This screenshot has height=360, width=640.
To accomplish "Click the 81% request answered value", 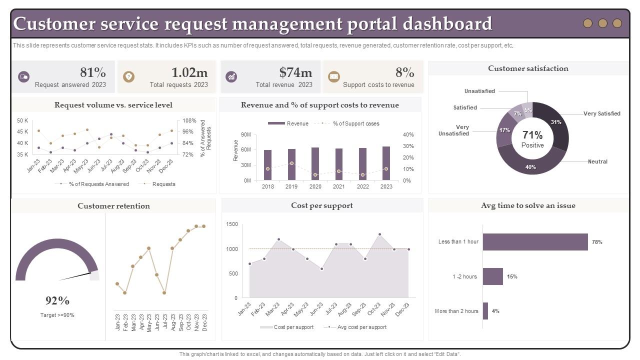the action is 93,72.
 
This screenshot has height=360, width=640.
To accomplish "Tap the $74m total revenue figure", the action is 295,72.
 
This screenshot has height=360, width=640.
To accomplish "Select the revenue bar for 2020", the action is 315,163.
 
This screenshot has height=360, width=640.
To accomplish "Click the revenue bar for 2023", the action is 386,163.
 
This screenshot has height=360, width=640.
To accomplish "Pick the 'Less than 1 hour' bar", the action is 535,242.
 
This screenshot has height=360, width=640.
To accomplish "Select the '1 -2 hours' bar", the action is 493,276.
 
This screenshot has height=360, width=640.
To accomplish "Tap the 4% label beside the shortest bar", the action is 495,311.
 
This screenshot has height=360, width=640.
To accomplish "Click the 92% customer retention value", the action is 57,300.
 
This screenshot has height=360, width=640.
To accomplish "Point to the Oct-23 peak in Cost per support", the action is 379,234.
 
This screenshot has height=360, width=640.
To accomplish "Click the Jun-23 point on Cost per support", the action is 321,269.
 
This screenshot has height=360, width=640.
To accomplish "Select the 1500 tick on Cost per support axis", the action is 232,224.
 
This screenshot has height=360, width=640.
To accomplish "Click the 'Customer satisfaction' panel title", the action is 528,68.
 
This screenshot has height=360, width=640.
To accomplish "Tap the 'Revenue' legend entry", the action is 288,123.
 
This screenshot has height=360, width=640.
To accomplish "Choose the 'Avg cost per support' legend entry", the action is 355,327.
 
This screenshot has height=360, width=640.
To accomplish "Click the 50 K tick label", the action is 22,120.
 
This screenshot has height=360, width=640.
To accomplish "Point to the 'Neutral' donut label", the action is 597,161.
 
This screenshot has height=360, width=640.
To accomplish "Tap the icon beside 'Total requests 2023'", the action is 129,77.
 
